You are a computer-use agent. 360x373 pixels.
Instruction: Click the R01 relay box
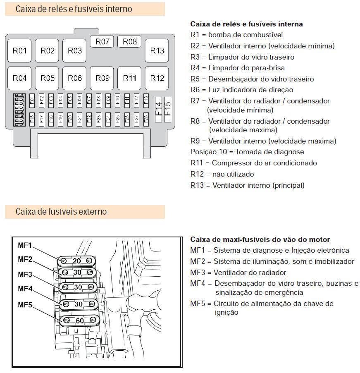tap(19, 51)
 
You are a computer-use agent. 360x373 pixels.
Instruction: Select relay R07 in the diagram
tap(102, 42)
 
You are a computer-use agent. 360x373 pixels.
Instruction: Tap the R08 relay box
tap(129, 42)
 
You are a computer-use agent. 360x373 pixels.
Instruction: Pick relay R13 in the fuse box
tap(157, 51)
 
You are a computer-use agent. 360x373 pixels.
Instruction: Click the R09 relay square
tap(102, 78)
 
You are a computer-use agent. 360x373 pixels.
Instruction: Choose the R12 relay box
tap(157, 78)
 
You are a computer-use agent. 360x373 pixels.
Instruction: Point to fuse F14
tap(158, 110)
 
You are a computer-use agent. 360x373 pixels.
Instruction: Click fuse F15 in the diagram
tap(167, 110)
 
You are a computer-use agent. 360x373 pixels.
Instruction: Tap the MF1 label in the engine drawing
tap(25, 245)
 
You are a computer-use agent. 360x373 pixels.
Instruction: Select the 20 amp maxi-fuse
tap(77, 261)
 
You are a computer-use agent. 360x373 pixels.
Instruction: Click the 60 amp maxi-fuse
tap(79, 320)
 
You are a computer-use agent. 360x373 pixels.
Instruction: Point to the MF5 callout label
tap(25, 305)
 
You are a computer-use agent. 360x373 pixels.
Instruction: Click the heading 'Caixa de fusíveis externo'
tap(61, 212)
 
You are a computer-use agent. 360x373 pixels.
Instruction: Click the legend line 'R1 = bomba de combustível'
tap(236, 35)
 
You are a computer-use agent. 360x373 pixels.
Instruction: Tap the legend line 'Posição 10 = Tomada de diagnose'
tap(247, 152)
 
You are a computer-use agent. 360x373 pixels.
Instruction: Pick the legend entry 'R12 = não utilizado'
tap(222, 174)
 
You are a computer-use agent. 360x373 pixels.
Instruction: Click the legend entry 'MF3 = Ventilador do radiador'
tap(238, 273)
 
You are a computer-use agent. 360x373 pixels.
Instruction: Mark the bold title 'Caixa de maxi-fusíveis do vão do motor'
tap(260, 239)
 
